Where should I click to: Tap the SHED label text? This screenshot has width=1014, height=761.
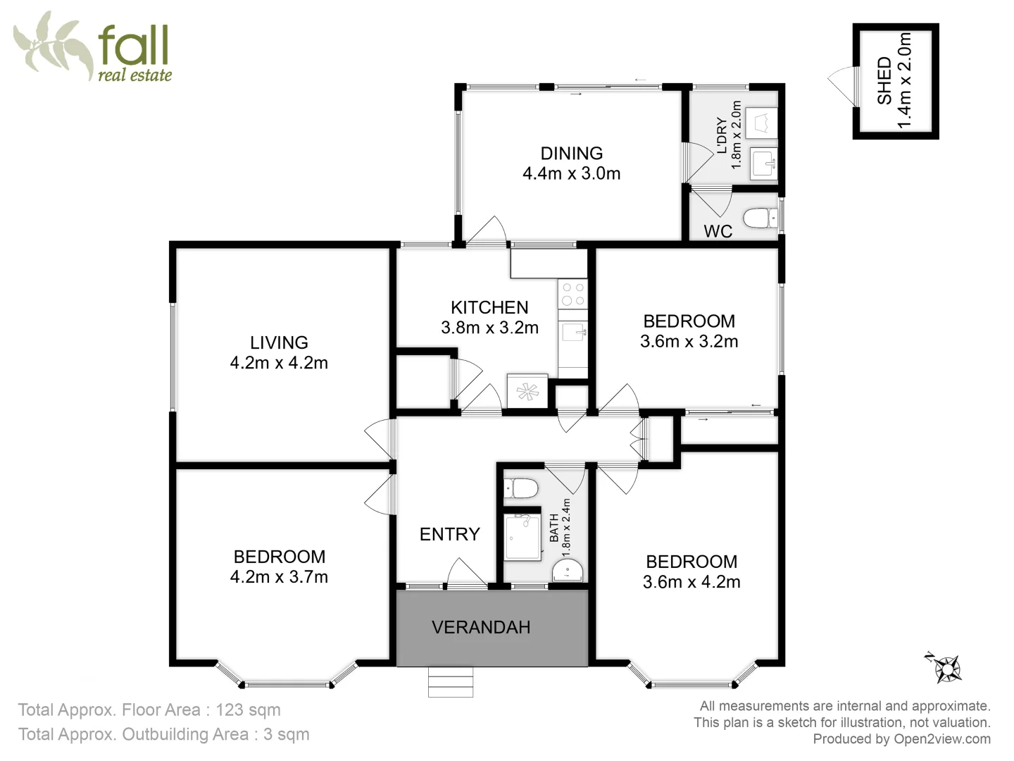coord(884,80)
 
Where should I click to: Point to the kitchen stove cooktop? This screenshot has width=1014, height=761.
coord(572,294)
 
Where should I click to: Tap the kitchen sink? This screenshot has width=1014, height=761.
coord(573,332)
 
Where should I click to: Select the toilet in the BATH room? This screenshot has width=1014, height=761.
coord(522,488)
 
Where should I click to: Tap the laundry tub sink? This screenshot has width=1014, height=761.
coord(763,163)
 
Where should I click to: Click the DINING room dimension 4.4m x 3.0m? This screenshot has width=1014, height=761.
coord(571,173)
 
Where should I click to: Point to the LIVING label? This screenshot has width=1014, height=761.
coord(279,342)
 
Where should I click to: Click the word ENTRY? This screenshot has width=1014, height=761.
coord(449,534)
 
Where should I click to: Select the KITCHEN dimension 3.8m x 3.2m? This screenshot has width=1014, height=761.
coord(489,328)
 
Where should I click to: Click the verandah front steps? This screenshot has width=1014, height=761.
coord(451,681)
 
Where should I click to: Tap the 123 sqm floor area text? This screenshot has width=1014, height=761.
coord(248,710)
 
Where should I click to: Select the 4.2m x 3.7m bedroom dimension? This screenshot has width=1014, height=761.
coord(279,577)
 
